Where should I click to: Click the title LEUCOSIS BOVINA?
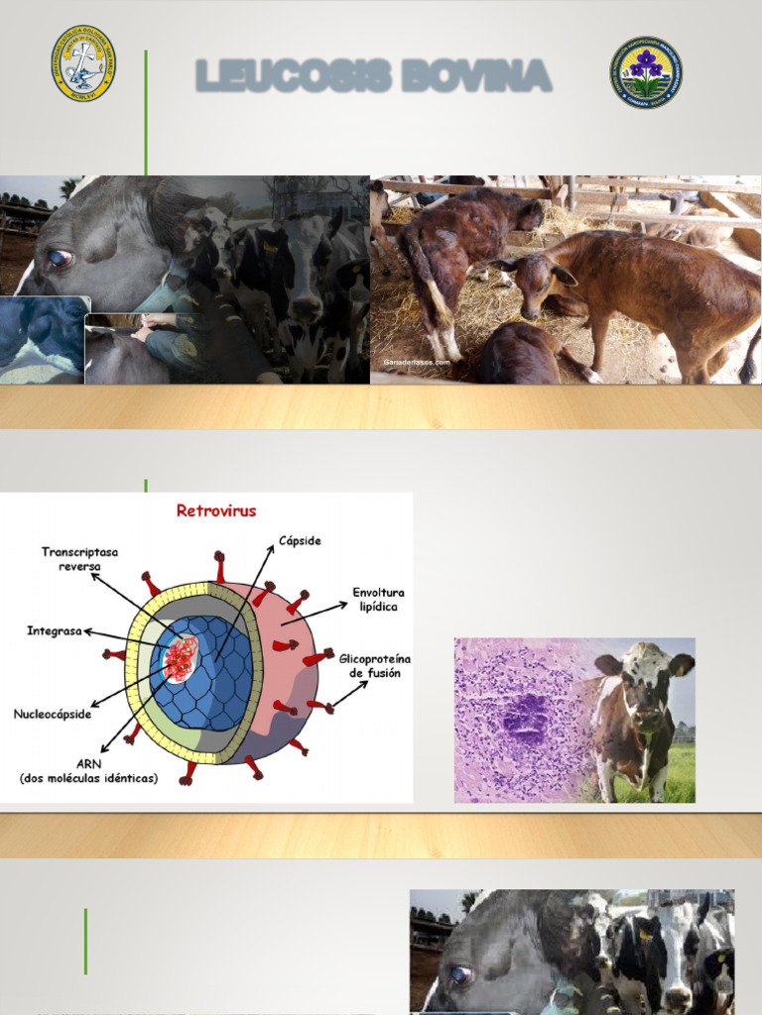tap(373, 75)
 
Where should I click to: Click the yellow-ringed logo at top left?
tap(83, 63)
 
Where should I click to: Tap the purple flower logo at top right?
tap(646, 72)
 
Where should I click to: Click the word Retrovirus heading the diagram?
tap(215, 511)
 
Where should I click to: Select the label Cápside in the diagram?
tap(300, 541)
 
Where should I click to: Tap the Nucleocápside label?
tap(52, 713)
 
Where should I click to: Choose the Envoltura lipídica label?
tap(378, 599)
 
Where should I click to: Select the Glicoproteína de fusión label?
tap(375, 665)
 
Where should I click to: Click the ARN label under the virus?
tap(89, 771)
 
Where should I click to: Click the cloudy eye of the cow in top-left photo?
tap(60, 259)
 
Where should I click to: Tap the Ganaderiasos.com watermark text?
tap(416, 363)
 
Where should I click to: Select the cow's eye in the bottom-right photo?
tap(460, 975)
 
